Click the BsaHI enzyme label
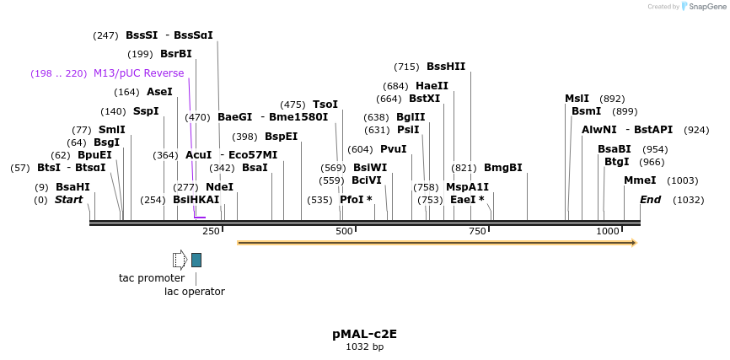pos(72,186)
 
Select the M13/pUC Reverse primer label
pos(138,73)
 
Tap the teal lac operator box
pos(196,260)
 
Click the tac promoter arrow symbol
pos(180,260)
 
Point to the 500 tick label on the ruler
pos(344,231)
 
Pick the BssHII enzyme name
pos(446,67)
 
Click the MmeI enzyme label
pos(640,180)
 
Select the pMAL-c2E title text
pos(364,333)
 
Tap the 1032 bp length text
pos(364,347)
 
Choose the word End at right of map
pos(650,200)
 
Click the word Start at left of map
pos(69,200)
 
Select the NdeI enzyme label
pos(219,186)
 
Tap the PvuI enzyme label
pos(394,149)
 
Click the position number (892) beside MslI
pos(612,99)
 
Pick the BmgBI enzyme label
pos(502,168)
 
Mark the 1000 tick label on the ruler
pos(608,231)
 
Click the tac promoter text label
pos(152,277)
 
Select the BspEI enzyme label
pos(281,136)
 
